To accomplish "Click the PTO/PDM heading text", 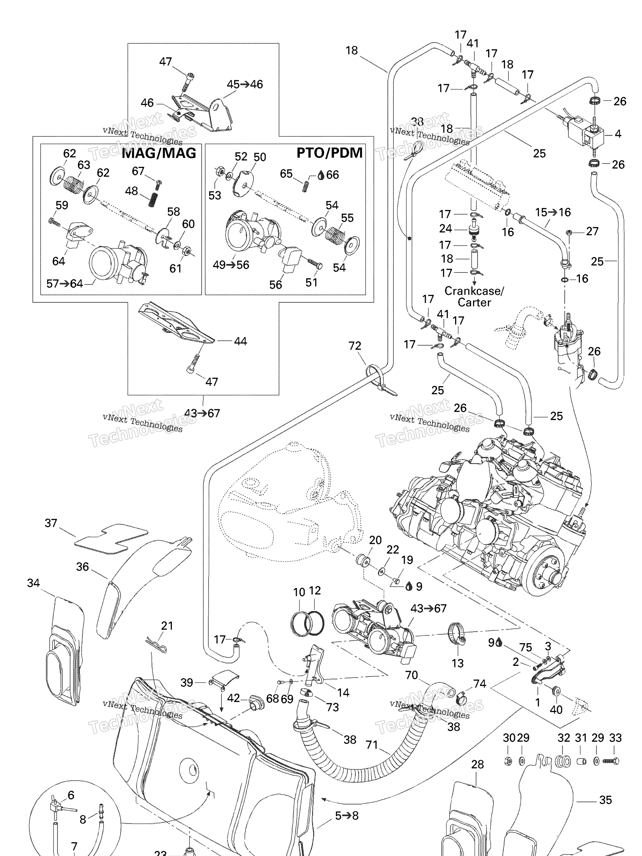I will [329, 153].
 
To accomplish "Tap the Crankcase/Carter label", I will [474, 296].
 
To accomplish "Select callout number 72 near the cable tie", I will [355, 346].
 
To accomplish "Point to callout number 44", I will [240, 341].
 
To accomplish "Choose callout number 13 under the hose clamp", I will [458, 663].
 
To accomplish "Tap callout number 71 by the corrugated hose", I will [371, 745].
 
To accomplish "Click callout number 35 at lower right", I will [605, 800].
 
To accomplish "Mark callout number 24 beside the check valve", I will [445, 228].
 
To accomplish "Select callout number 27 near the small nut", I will [592, 231].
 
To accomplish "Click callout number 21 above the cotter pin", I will [167, 626].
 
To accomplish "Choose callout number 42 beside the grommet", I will [233, 698].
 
